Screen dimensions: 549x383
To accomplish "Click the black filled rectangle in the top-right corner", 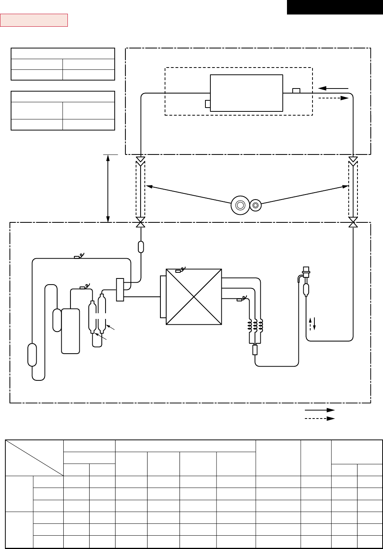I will coord(335,7).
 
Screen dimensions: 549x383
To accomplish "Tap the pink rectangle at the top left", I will coord(34,20).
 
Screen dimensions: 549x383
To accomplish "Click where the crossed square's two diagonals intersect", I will coord(194,297).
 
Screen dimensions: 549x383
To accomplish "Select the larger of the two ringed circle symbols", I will coord(240,205).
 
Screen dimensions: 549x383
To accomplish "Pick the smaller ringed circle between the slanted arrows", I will coord(256,205).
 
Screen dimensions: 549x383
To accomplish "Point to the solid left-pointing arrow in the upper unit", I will coord(333,89).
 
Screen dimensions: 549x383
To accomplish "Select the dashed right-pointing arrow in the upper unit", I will coord(333,98).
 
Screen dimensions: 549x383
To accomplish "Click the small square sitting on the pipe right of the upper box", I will coord(296,90).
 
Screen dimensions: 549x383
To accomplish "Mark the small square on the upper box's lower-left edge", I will coord(208,104).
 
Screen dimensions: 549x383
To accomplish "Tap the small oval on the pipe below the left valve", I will coord(141,247).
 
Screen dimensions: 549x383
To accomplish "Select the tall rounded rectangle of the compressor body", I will coord(71,331).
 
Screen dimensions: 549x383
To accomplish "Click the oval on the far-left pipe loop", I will coord(32,355).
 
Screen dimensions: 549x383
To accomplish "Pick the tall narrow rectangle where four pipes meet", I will coord(120,290).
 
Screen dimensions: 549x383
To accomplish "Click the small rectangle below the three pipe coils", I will coord(255,350).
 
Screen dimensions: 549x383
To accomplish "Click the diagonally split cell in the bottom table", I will coord(34,458).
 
